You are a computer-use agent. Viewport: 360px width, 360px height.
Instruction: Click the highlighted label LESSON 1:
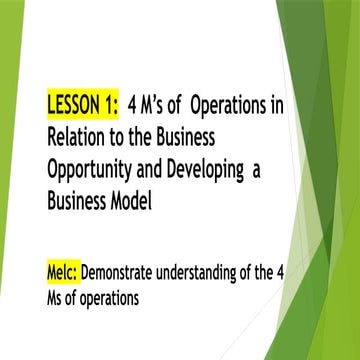(82, 104)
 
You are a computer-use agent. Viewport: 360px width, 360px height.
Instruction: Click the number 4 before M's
(134, 104)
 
